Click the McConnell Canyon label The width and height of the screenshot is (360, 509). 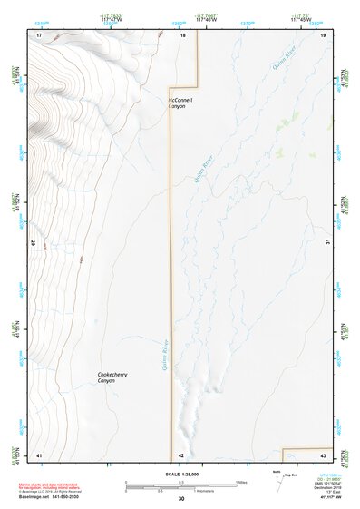pyautogui.click(x=181, y=103)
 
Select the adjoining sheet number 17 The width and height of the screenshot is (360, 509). pyautogui.click(x=39, y=34)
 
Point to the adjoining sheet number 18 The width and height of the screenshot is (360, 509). pyautogui.click(x=181, y=34)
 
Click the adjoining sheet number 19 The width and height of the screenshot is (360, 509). pyautogui.click(x=322, y=34)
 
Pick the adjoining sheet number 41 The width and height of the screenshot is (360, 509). pyautogui.click(x=39, y=454)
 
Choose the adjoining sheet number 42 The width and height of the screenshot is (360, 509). pyautogui.click(x=181, y=455)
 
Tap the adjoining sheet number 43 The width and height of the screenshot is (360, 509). pyautogui.click(x=322, y=454)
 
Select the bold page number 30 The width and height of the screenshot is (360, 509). pyautogui.click(x=181, y=499)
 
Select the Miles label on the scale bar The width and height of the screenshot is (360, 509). pyautogui.click(x=242, y=481)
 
